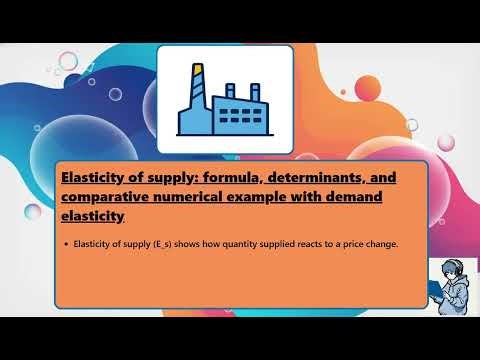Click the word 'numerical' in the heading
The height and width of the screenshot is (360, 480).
click(x=208, y=197)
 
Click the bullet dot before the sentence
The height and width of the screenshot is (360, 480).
click(x=65, y=245)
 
